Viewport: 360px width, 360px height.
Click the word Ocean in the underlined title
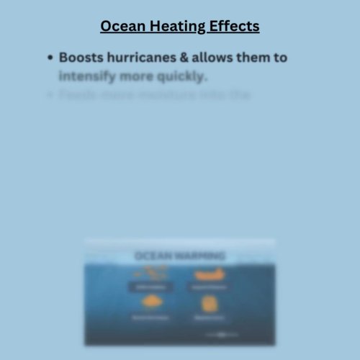[122, 27]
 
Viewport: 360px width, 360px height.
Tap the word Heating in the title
[177, 27]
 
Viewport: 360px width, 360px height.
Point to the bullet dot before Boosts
[50, 58]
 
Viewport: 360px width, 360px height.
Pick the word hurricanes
[143, 57]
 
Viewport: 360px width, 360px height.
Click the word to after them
[279, 57]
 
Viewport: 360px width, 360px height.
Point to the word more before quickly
[136, 76]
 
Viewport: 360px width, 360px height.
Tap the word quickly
[181, 76]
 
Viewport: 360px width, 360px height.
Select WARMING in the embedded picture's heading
[200, 256]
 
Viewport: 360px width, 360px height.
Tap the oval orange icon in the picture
[150, 303]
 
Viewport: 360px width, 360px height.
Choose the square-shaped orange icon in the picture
[210, 303]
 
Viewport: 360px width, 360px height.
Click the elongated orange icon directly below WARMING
[209, 274]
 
